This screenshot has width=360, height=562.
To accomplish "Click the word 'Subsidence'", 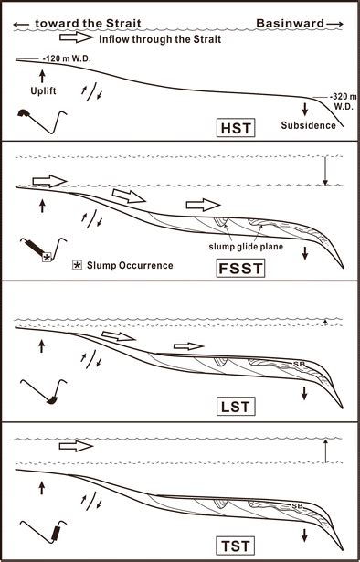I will pyautogui.click(x=306, y=127).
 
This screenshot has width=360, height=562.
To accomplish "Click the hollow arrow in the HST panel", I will pyautogui.click(x=77, y=38).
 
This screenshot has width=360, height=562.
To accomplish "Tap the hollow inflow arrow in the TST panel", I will pyautogui.click(x=77, y=446).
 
